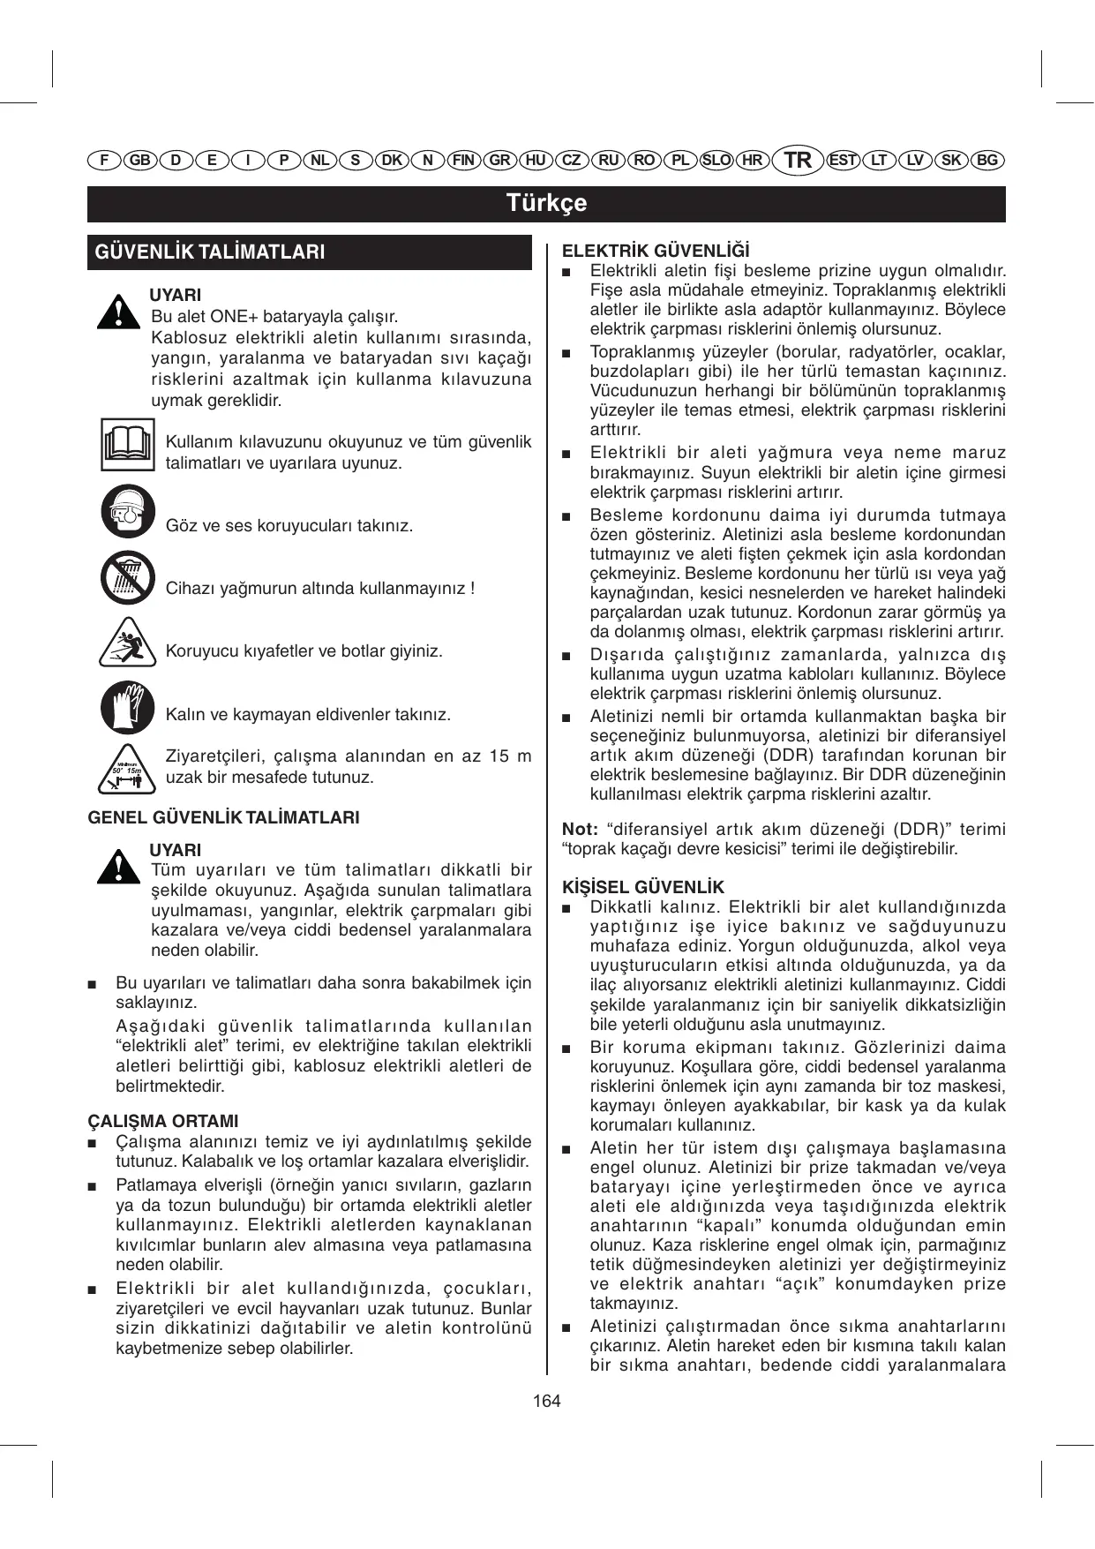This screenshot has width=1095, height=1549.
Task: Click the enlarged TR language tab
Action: click(x=797, y=160)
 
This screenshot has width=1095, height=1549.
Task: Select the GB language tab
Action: click(x=139, y=160)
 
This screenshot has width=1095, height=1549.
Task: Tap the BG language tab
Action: click(x=987, y=160)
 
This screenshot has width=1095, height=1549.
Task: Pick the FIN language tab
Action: click(x=463, y=160)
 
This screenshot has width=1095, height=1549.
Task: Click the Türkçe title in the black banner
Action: click(x=546, y=203)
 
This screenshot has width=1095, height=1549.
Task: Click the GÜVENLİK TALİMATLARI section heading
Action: click(x=210, y=252)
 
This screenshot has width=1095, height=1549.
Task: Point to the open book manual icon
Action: click(x=127, y=446)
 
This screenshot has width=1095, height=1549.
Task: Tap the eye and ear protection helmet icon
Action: click(x=127, y=512)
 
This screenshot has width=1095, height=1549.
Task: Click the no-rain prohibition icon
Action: click(x=127, y=578)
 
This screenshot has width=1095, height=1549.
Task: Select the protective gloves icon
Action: click(x=127, y=706)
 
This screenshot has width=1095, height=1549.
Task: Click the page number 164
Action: click(x=546, y=1401)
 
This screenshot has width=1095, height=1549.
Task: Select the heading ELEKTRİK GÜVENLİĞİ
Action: click(x=656, y=252)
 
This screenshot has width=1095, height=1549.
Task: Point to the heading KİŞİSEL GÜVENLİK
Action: click(x=642, y=887)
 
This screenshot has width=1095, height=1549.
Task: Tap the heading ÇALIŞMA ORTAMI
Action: click(x=163, y=1121)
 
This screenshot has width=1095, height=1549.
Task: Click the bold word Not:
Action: click(x=580, y=829)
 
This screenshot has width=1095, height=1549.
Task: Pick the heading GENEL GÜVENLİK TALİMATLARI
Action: click(x=223, y=817)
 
